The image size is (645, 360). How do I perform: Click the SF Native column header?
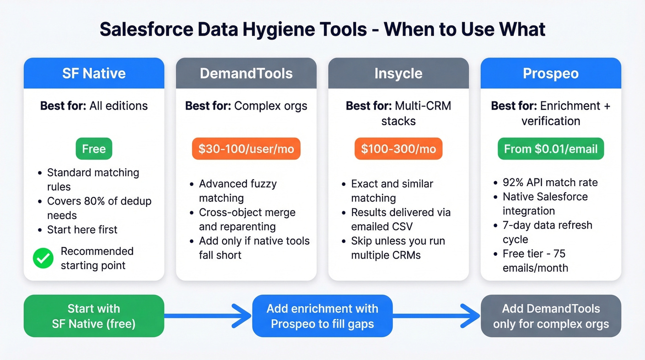[x=94, y=73]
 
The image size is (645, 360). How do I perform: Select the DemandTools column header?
[x=246, y=73]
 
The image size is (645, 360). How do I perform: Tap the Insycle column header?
[x=398, y=73]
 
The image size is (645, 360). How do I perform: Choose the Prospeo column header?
[x=551, y=73]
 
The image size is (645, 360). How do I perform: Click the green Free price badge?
[x=94, y=149]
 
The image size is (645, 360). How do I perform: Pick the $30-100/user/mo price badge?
[x=246, y=149]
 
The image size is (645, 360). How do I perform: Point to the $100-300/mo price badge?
[x=398, y=149]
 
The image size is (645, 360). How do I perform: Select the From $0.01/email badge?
[x=551, y=149]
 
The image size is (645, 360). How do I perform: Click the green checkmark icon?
[x=43, y=259]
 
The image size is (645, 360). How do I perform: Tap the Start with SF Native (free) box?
[x=94, y=316]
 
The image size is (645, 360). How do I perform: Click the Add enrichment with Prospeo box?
[x=322, y=316]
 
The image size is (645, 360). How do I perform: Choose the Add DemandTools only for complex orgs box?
[x=551, y=316]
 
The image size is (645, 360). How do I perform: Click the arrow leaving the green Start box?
[x=207, y=316]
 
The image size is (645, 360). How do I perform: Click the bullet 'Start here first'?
[x=82, y=230]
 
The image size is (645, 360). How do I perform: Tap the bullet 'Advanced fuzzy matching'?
[x=237, y=191]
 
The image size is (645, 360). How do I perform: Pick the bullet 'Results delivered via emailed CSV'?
[x=400, y=219]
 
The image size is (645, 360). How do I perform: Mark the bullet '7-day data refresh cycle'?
[x=547, y=232]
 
